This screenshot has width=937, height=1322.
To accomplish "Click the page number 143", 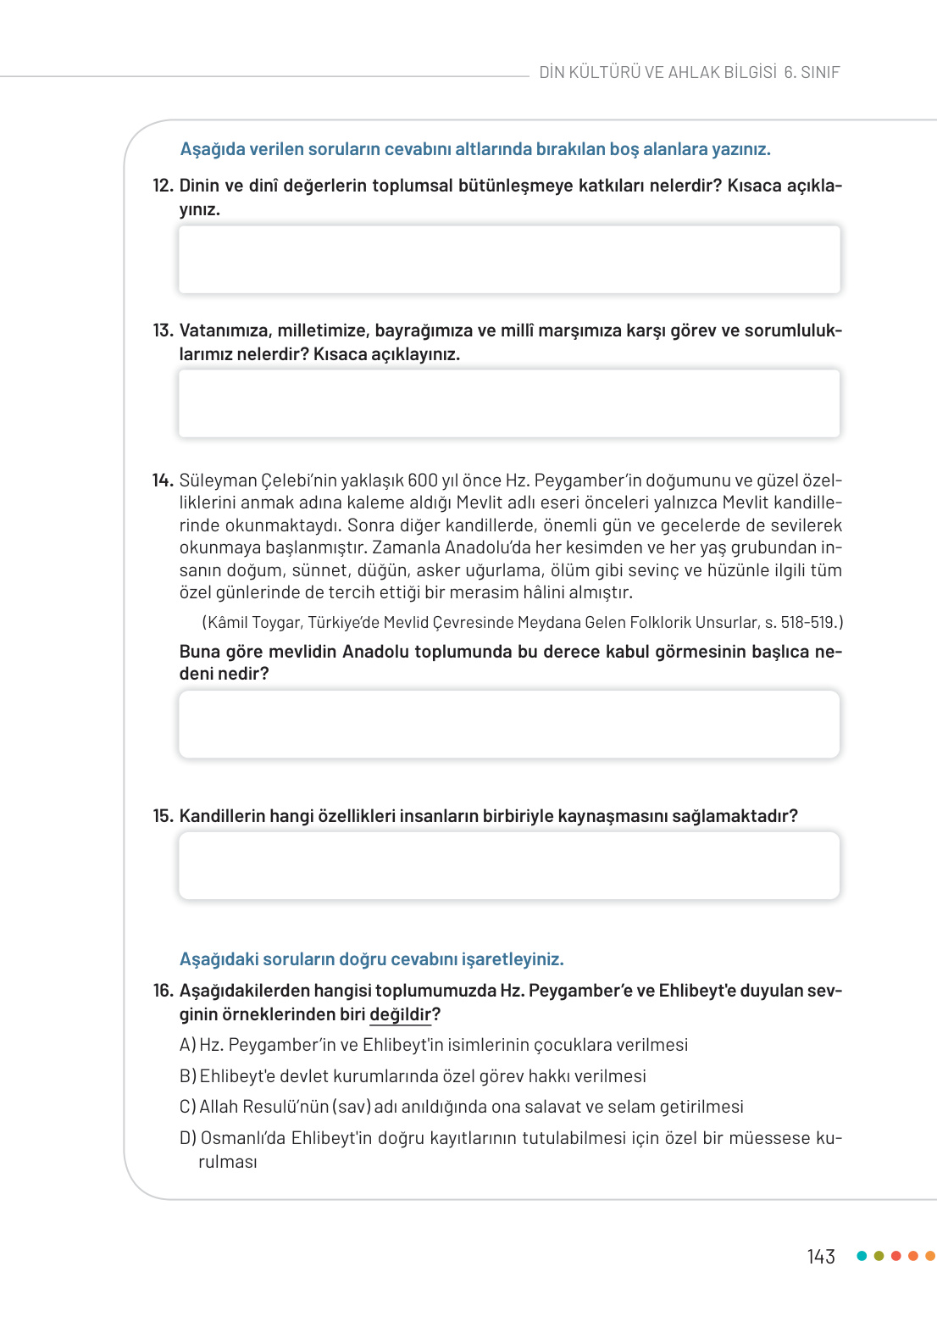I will coord(820,1257).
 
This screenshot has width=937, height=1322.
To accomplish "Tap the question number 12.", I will coord(163,186).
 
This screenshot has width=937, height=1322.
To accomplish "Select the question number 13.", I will coord(163,330).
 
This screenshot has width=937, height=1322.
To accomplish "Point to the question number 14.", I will coord(163,480).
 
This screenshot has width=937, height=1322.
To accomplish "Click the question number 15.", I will coord(163,816).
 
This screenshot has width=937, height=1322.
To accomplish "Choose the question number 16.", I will coord(163,991).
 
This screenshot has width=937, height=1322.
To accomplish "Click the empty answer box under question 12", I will coord(508,259).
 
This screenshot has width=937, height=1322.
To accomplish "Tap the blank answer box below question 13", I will coord(508,403).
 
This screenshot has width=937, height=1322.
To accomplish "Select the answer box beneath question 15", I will coord(508,865).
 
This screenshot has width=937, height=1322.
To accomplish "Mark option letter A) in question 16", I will coord(187,1045).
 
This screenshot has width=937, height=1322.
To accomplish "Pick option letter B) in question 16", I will coord(187,1076).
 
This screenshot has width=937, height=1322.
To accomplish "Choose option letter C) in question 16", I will coord(187,1107).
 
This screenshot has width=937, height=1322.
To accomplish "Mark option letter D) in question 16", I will coord(187,1138).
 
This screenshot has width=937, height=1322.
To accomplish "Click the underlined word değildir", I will coord(400,1014).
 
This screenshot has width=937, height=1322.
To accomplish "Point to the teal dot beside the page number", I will coord(862,1256).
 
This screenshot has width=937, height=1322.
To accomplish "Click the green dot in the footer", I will coord(879,1256).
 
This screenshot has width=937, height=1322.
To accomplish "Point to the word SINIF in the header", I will coord(820,73).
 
